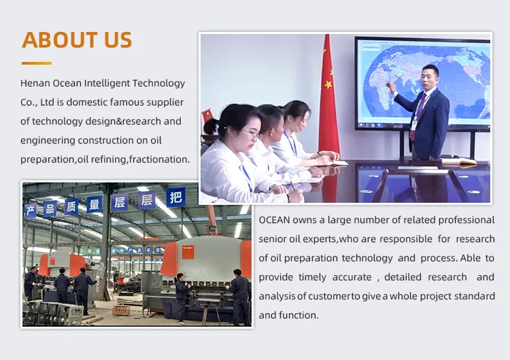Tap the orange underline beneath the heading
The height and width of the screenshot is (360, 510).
pos(37,63)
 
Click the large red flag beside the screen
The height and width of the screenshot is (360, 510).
pos(328,97)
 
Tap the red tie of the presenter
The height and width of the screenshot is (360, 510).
pos(418,114)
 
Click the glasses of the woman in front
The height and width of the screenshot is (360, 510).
pos(252,133)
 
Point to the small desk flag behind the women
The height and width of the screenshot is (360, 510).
pos(207,115)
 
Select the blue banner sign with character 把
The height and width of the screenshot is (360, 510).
pos(176,197)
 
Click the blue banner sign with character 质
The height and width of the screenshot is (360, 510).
pos(71,207)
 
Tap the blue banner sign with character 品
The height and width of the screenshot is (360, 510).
pos(50,209)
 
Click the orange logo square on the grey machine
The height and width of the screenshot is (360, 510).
pos(188,252)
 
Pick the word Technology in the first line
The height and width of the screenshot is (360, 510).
pos(158,83)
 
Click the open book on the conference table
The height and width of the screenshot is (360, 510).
pos(458,161)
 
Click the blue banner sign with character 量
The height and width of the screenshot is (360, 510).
pos(95,204)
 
